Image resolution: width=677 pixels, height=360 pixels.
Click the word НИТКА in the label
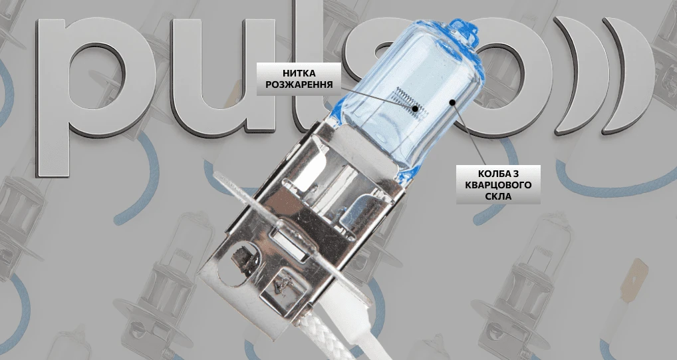click(x=299, y=73)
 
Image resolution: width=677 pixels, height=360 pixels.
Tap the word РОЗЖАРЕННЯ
click(x=299, y=85)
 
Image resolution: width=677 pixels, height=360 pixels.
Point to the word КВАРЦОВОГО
click(x=498, y=185)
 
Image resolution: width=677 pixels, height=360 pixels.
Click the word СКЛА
click(x=498, y=196)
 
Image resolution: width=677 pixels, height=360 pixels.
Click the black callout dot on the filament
click(x=415, y=108)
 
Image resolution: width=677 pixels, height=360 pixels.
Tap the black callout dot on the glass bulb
click(x=452, y=102)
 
